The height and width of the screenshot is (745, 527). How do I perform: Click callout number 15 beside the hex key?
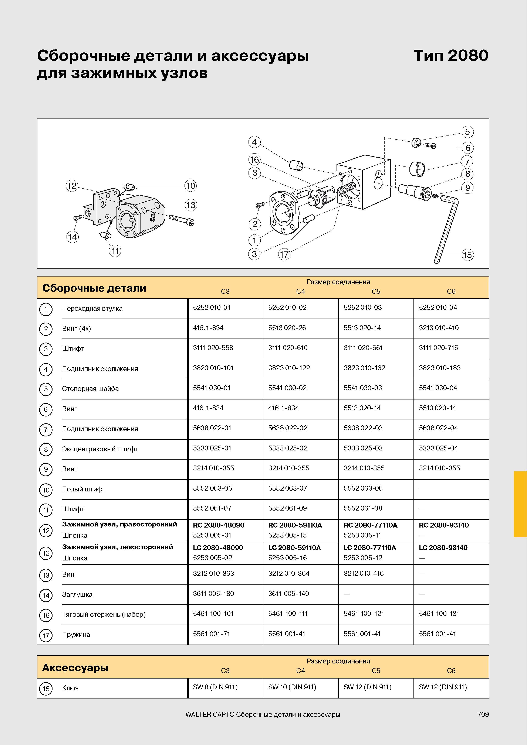click(467, 255)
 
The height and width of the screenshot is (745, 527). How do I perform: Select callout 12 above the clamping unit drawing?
click(72, 186)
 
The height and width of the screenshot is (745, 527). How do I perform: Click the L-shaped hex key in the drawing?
click(447, 227)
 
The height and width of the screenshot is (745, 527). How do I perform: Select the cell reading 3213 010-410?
click(439, 328)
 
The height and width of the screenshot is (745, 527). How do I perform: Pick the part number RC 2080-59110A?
click(295, 525)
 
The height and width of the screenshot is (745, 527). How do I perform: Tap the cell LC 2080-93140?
click(443, 547)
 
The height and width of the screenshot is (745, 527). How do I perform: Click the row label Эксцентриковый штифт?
click(100, 449)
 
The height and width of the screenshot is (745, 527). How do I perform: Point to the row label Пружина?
click(76, 635)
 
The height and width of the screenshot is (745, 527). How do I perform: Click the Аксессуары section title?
click(75, 668)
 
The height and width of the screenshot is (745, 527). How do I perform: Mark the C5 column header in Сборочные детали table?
click(376, 291)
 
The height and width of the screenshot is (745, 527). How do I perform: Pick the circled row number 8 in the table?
click(46, 449)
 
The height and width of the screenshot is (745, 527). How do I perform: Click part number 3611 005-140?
click(289, 593)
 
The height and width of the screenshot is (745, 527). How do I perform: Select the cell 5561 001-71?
click(211, 634)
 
